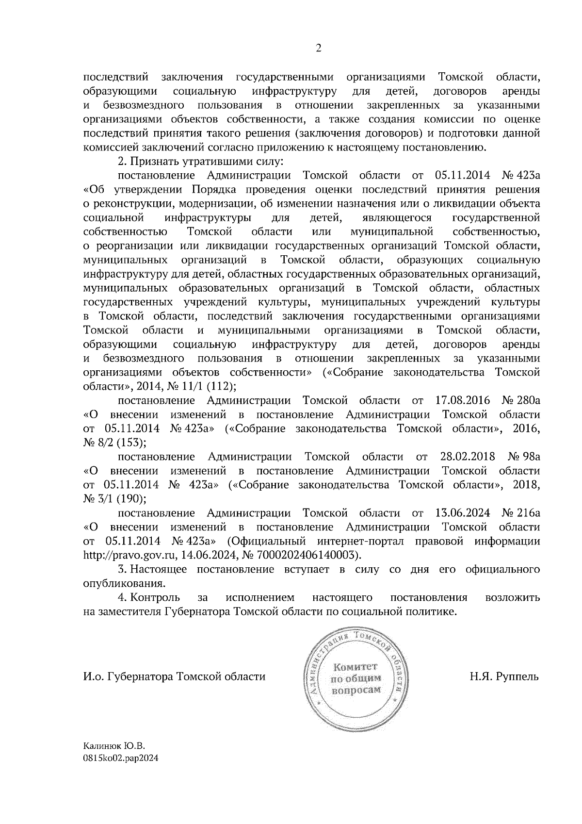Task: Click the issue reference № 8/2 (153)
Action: (112, 443)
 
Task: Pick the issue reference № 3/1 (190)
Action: (112, 498)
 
